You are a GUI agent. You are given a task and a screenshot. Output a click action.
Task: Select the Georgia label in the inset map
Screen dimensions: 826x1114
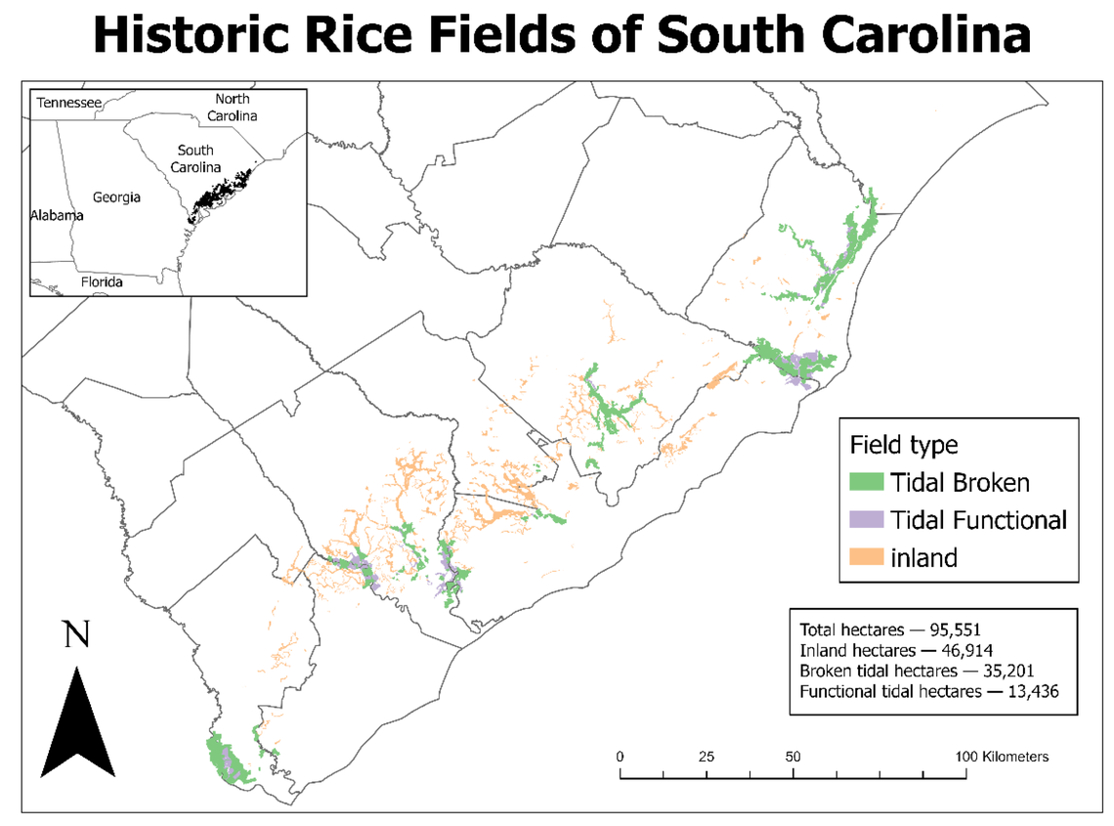pyautogui.click(x=116, y=197)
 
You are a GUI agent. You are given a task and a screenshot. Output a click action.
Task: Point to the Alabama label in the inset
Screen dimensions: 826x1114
pyautogui.click(x=57, y=215)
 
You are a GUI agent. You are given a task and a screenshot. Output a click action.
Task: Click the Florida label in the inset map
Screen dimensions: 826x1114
pyautogui.click(x=102, y=283)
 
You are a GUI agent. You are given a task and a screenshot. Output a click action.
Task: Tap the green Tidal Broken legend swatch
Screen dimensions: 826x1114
pyautogui.click(x=866, y=482)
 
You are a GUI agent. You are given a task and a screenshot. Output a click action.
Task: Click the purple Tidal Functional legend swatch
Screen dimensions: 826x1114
pyautogui.click(x=866, y=519)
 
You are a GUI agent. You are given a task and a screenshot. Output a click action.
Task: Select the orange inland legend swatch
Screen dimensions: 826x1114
pyautogui.click(x=866, y=557)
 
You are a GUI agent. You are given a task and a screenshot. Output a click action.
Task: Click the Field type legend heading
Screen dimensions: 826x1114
pyautogui.click(x=904, y=445)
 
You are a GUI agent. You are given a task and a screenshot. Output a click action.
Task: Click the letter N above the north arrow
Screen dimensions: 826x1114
pyautogui.click(x=76, y=636)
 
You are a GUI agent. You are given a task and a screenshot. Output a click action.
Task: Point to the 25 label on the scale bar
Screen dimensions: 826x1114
pyautogui.click(x=707, y=757)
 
